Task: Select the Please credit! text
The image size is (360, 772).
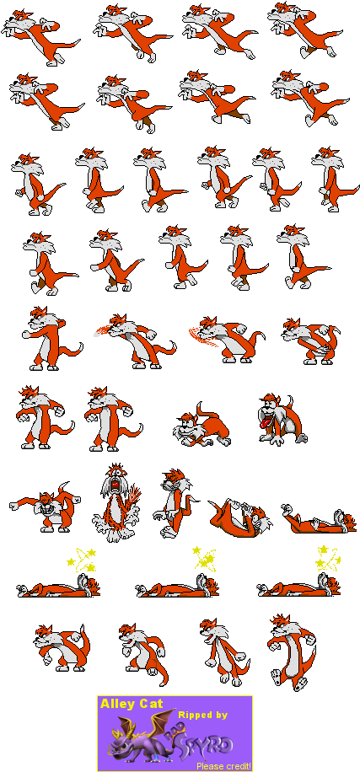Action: pyautogui.click(x=223, y=765)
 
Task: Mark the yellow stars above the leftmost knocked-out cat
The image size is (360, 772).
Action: pyautogui.click(x=83, y=558)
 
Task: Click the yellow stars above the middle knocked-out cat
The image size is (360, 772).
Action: pyautogui.click(x=204, y=558)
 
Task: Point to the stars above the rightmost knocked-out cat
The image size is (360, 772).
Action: pyautogui.click(x=327, y=558)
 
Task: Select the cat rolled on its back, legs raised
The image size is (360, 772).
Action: pyautogui.click(x=239, y=514)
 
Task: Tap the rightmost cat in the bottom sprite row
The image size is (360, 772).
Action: pyautogui.click(x=290, y=649)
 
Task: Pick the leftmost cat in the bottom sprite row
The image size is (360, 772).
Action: pyautogui.click(x=61, y=647)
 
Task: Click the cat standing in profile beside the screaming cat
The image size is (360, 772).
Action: pyautogui.click(x=175, y=502)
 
